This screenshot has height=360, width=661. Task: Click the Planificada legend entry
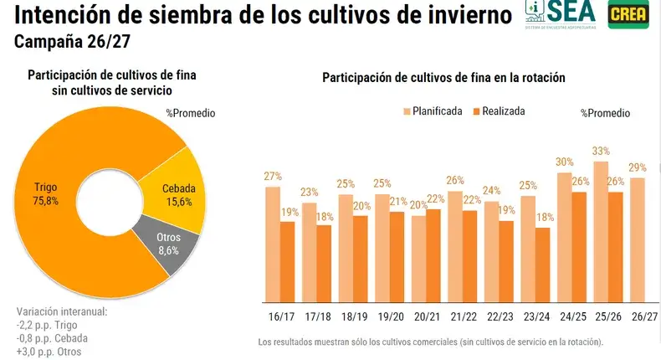tap(432, 111)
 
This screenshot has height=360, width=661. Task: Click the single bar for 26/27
tap(637, 239)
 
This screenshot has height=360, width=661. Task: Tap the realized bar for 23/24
tap(543, 264)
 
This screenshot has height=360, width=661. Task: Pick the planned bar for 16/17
tap(273, 243)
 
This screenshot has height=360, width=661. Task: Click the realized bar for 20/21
tap(433, 255)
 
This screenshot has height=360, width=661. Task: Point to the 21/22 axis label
tap(463, 318)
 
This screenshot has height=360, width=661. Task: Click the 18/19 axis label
tap(353, 318)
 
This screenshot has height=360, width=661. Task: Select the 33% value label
tap(600, 152)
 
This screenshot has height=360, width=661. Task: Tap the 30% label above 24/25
tap(563, 162)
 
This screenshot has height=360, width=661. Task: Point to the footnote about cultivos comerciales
tap(430, 342)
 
